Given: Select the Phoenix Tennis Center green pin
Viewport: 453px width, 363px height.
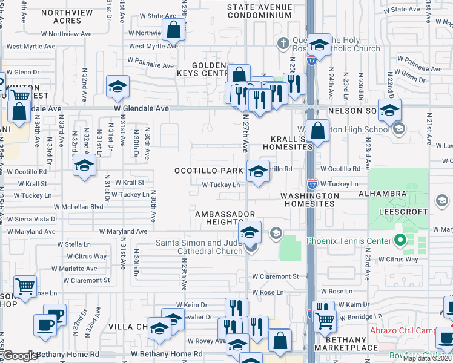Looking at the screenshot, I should tap(400, 241).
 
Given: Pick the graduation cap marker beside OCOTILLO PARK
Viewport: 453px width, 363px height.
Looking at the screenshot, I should tap(258, 171).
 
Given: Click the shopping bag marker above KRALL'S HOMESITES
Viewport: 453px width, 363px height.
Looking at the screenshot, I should tap(317, 130).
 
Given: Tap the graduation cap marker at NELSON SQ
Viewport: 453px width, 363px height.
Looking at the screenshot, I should tap(389, 110).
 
